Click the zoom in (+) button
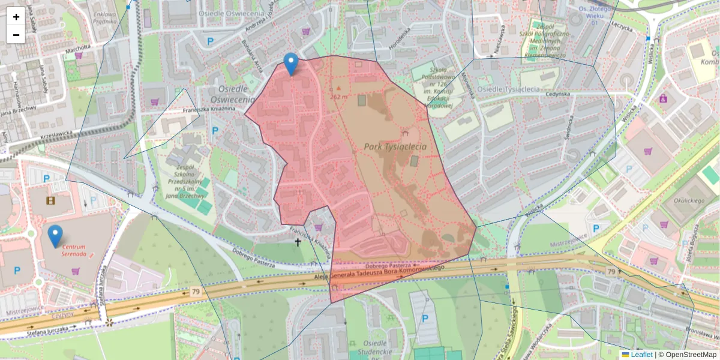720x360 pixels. pos(16,17)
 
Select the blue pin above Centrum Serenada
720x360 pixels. pos(55,236)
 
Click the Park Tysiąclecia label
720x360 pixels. pos(395,146)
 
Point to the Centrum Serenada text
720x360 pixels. pos(78,251)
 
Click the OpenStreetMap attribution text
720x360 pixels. pos(687,355)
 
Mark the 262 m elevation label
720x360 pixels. pos(339,96)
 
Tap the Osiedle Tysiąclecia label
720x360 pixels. pos(508,89)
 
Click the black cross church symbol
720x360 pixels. pos(298,242)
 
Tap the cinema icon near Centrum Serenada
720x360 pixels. pos(50,200)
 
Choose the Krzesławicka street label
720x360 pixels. pos(56,136)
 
